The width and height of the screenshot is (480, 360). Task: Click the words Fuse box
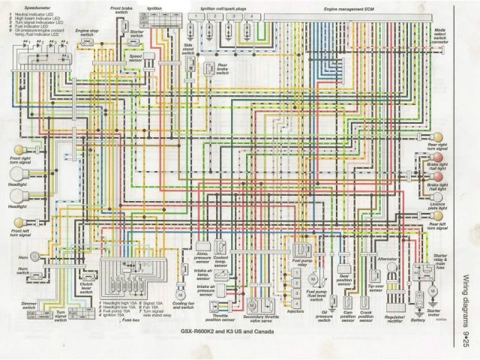(x=130, y=319)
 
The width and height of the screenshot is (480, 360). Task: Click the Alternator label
(x=387, y=259)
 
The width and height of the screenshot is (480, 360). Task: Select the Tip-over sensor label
(x=375, y=286)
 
